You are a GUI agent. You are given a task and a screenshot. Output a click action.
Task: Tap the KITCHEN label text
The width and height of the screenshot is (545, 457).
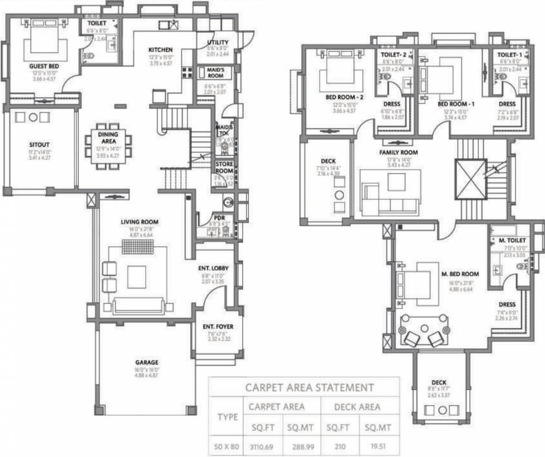(x=161, y=50)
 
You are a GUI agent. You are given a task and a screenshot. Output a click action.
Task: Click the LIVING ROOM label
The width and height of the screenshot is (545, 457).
(x=139, y=222)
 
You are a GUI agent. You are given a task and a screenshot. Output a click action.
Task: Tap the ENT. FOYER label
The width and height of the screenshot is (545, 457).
(x=218, y=327)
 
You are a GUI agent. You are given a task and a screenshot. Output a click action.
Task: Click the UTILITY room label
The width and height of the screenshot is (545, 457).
(x=218, y=42)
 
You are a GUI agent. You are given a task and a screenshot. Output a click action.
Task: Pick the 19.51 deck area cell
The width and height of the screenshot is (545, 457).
(x=378, y=445)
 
